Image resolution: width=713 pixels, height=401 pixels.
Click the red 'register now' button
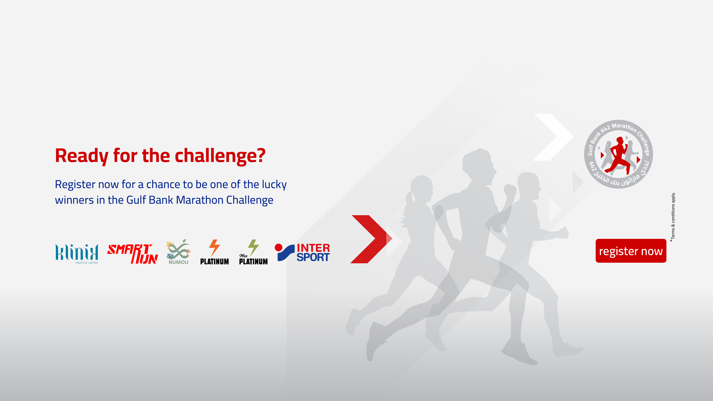click(631, 251)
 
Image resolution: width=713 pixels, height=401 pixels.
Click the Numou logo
click(178, 252)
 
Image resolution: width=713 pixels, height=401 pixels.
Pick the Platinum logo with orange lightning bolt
click(214, 252)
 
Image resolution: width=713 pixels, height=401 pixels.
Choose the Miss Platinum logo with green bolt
click(253, 252)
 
